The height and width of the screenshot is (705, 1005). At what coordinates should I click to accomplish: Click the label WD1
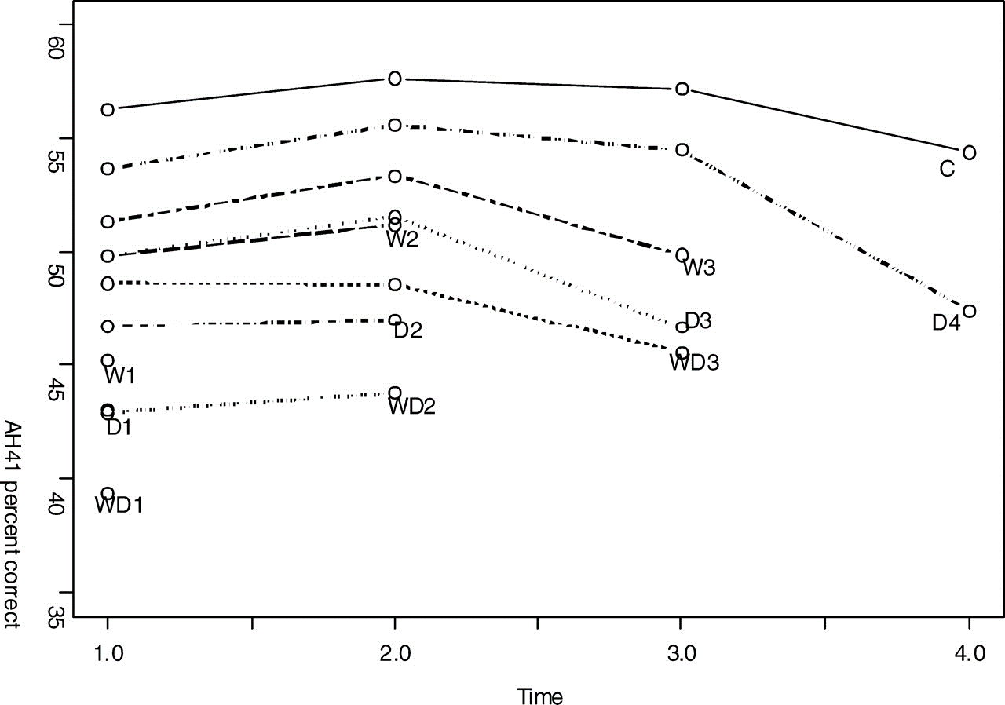(x=119, y=506)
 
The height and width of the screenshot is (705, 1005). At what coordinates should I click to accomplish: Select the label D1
(x=119, y=428)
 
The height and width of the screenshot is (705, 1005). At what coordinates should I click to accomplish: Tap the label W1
(x=120, y=376)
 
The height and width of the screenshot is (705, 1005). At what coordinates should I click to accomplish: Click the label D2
(x=408, y=331)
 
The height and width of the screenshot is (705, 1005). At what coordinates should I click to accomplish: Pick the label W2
(x=402, y=239)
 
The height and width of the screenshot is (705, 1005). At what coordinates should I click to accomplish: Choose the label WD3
(x=694, y=363)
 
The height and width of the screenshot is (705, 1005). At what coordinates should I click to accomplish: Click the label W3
(x=699, y=268)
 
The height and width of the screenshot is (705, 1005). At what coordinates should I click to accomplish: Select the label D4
(x=946, y=322)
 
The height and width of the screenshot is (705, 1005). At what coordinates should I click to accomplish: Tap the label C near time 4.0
(x=947, y=169)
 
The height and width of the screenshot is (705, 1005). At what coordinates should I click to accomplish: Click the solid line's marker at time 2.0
(x=395, y=79)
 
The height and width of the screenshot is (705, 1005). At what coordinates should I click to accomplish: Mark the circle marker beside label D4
(x=969, y=311)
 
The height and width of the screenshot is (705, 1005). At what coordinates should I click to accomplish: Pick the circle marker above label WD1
(x=108, y=494)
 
